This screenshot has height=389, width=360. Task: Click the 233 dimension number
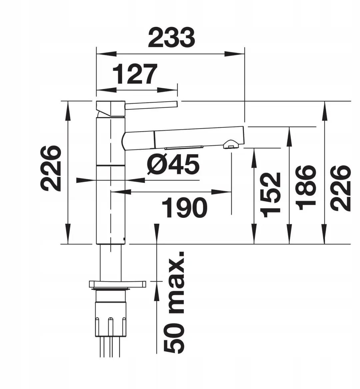[172, 37]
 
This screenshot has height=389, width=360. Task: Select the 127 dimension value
[135, 74]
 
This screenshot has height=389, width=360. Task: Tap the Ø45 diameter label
[173, 164]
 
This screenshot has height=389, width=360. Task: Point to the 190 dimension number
[184, 207]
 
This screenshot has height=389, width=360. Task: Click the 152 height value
[270, 195]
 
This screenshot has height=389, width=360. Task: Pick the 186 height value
[306, 188]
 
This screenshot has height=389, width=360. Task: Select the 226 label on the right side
[340, 188]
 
